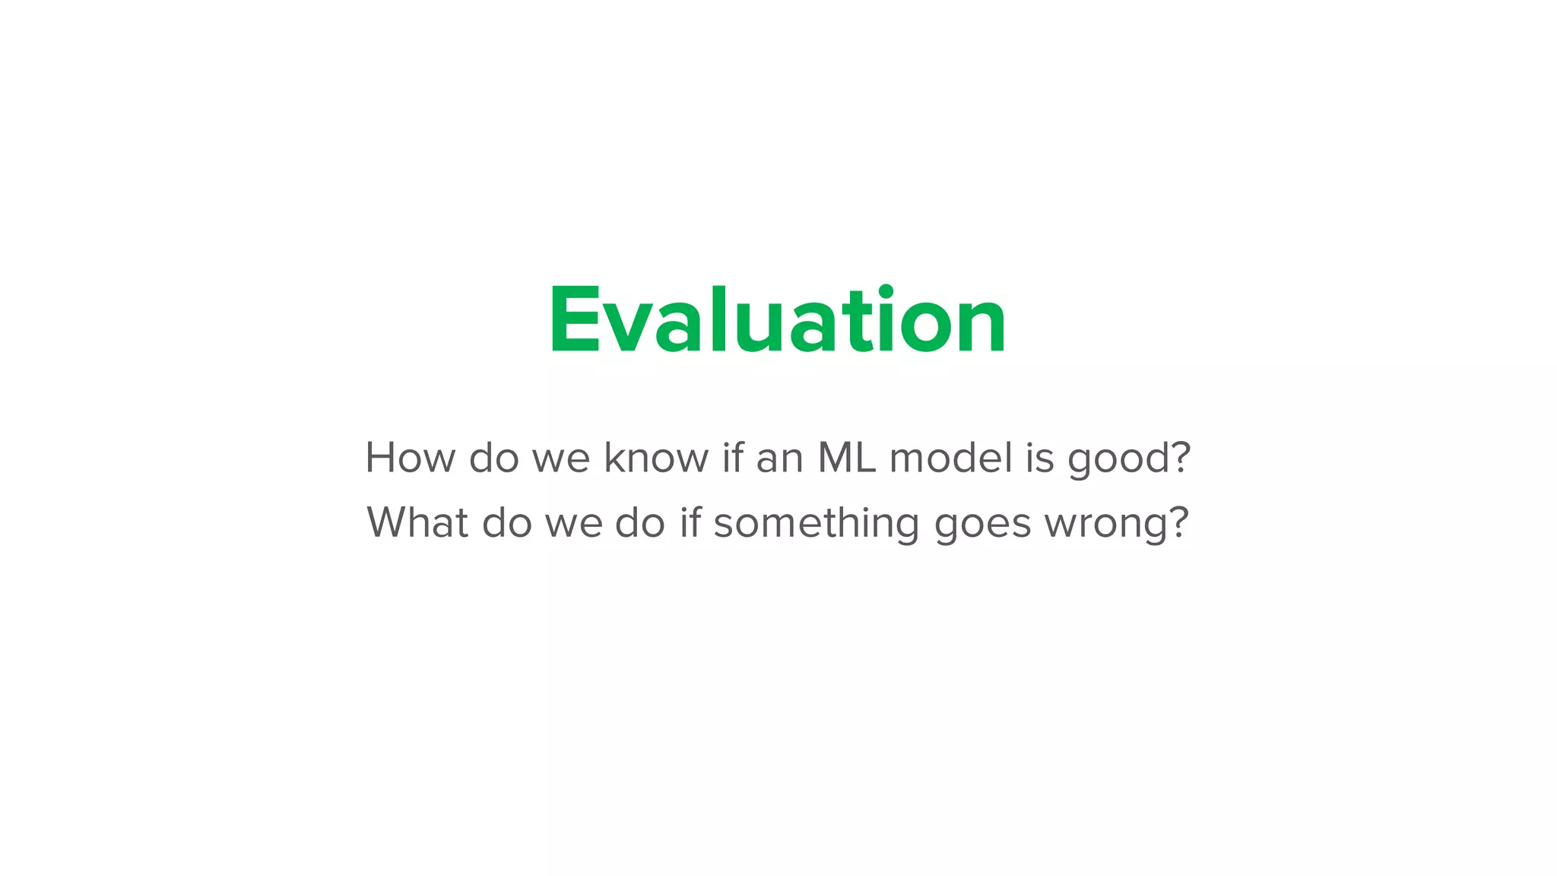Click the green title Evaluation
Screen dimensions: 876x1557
[778, 320]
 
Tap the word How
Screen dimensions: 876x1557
[410, 458]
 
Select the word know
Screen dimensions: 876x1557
[656, 458]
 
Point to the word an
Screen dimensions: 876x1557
[780, 458]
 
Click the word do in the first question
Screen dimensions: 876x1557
[493, 458]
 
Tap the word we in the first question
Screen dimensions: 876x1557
[561, 459]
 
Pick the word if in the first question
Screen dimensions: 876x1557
[732, 458]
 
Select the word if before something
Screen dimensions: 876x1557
[690, 522]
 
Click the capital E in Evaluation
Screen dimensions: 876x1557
[570, 320]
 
